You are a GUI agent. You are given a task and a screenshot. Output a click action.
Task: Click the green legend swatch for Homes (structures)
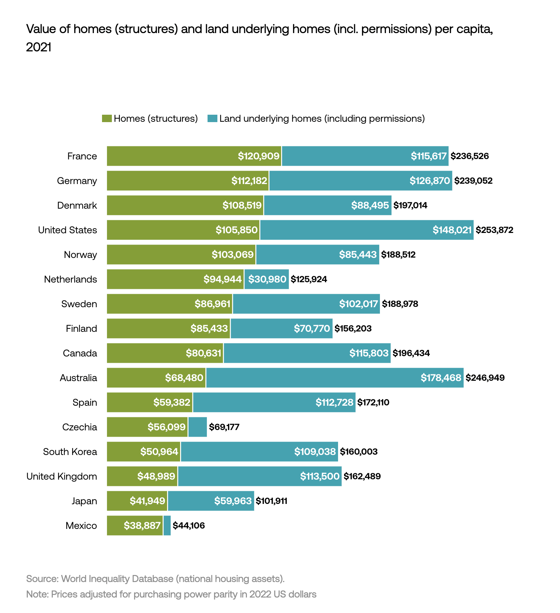(107, 119)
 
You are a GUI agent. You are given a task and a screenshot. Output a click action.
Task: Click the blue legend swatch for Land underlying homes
(212, 119)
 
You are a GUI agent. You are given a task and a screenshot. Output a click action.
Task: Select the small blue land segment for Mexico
(167, 525)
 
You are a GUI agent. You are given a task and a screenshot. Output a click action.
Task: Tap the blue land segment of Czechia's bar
(197, 427)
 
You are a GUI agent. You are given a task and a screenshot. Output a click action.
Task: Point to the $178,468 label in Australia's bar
(441, 378)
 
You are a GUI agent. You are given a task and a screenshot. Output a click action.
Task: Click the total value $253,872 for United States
(494, 230)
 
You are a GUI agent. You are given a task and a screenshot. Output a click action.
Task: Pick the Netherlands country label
(70, 279)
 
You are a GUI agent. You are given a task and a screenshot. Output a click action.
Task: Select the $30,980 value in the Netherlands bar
(267, 279)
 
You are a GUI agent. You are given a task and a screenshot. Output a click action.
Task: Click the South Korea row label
(70, 451)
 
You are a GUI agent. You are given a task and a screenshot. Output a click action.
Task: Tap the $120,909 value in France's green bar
(259, 156)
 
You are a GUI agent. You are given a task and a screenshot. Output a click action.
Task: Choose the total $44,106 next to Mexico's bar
(189, 525)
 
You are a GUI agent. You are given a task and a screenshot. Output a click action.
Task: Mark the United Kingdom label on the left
(62, 476)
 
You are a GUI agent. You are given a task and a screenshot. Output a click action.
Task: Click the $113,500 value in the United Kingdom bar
(320, 476)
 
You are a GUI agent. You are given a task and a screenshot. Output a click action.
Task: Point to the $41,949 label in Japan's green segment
(147, 501)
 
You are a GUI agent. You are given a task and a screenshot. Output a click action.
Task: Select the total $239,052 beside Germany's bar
(473, 181)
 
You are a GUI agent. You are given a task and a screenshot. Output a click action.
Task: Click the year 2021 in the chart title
(39, 47)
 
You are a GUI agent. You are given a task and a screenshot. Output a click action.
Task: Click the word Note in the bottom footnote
(37, 594)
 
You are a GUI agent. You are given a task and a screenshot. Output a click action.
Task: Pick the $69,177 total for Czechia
(224, 427)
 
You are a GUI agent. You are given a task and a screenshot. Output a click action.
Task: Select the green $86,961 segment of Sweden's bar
(170, 304)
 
